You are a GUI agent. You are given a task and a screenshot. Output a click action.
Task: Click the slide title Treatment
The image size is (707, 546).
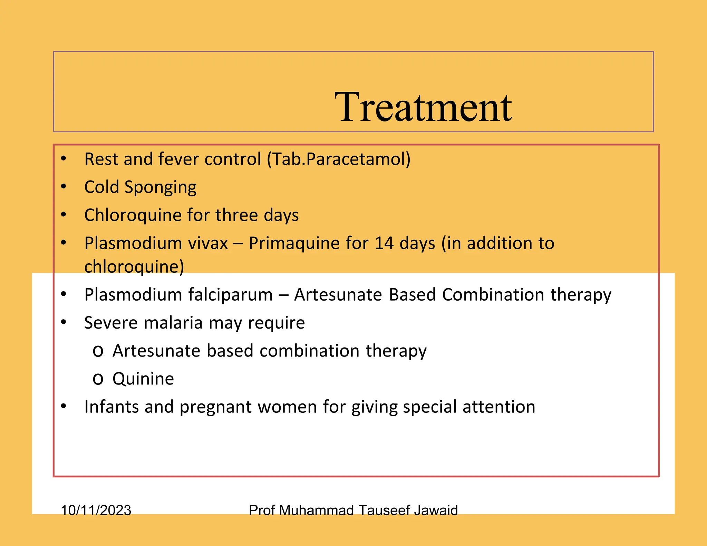tap(423, 107)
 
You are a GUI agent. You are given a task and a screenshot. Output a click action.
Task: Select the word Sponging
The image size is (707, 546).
tap(160, 187)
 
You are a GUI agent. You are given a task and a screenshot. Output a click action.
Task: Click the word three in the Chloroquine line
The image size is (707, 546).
tap(236, 215)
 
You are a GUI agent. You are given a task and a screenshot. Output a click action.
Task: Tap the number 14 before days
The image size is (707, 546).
tap(384, 243)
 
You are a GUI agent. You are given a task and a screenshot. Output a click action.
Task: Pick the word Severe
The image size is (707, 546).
tap(111, 323)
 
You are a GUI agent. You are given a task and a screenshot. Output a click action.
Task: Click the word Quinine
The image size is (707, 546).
tap(143, 379)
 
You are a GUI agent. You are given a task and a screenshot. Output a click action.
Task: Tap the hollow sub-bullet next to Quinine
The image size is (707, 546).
tap(98, 379)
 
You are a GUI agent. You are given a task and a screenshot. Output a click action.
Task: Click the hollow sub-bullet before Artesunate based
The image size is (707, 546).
tap(98, 351)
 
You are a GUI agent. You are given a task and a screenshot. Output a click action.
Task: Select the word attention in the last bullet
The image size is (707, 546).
tap(499, 407)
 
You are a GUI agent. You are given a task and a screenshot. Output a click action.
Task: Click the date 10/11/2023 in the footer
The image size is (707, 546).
tap(96, 510)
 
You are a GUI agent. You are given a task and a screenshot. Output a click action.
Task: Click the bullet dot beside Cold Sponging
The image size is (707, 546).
tap(64, 187)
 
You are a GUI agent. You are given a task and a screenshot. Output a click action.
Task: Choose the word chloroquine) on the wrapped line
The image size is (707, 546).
tap(134, 266)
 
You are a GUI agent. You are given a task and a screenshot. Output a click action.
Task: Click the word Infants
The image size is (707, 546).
tap(111, 407)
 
